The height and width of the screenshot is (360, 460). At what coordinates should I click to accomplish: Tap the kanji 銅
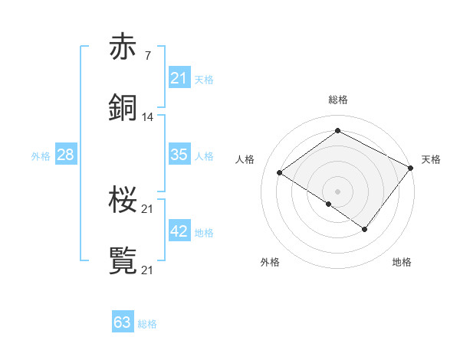pyautogui.click(x=123, y=108)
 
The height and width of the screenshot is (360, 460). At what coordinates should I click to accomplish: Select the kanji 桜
pyautogui.click(x=123, y=200)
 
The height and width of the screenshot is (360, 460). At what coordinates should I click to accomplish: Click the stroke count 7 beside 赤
pyautogui.click(x=147, y=55)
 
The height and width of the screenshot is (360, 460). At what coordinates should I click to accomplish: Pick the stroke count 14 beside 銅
pyautogui.click(x=148, y=117)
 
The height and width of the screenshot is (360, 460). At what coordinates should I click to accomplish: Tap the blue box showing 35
pyautogui.click(x=179, y=155)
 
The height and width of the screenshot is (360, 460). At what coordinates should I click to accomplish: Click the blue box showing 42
pyautogui.click(x=179, y=231)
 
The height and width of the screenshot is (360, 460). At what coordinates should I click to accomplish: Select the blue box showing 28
pyautogui.click(x=65, y=155)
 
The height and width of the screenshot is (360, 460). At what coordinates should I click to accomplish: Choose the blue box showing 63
pyautogui.click(x=123, y=322)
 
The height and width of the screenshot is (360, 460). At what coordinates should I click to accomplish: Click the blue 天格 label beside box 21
pyautogui.click(x=204, y=79)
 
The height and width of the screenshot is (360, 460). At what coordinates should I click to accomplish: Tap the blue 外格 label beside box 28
pyautogui.click(x=41, y=155)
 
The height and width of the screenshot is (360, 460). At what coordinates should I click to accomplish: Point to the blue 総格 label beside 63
pyautogui.click(x=147, y=324)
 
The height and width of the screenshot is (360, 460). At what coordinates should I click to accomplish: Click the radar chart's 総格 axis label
pyautogui.click(x=337, y=100)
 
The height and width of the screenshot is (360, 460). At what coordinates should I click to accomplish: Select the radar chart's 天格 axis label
pyautogui.click(x=431, y=159)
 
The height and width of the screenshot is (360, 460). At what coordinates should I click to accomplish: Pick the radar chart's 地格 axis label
pyautogui.click(x=402, y=263)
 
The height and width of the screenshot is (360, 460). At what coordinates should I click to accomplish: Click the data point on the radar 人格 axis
pyautogui.click(x=280, y=172)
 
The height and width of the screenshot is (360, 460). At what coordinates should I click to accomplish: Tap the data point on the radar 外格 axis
pyautogui.click(x=329, y=204)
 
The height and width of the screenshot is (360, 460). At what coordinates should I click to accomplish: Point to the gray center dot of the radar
pyautogui.click(x=337, y=191)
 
